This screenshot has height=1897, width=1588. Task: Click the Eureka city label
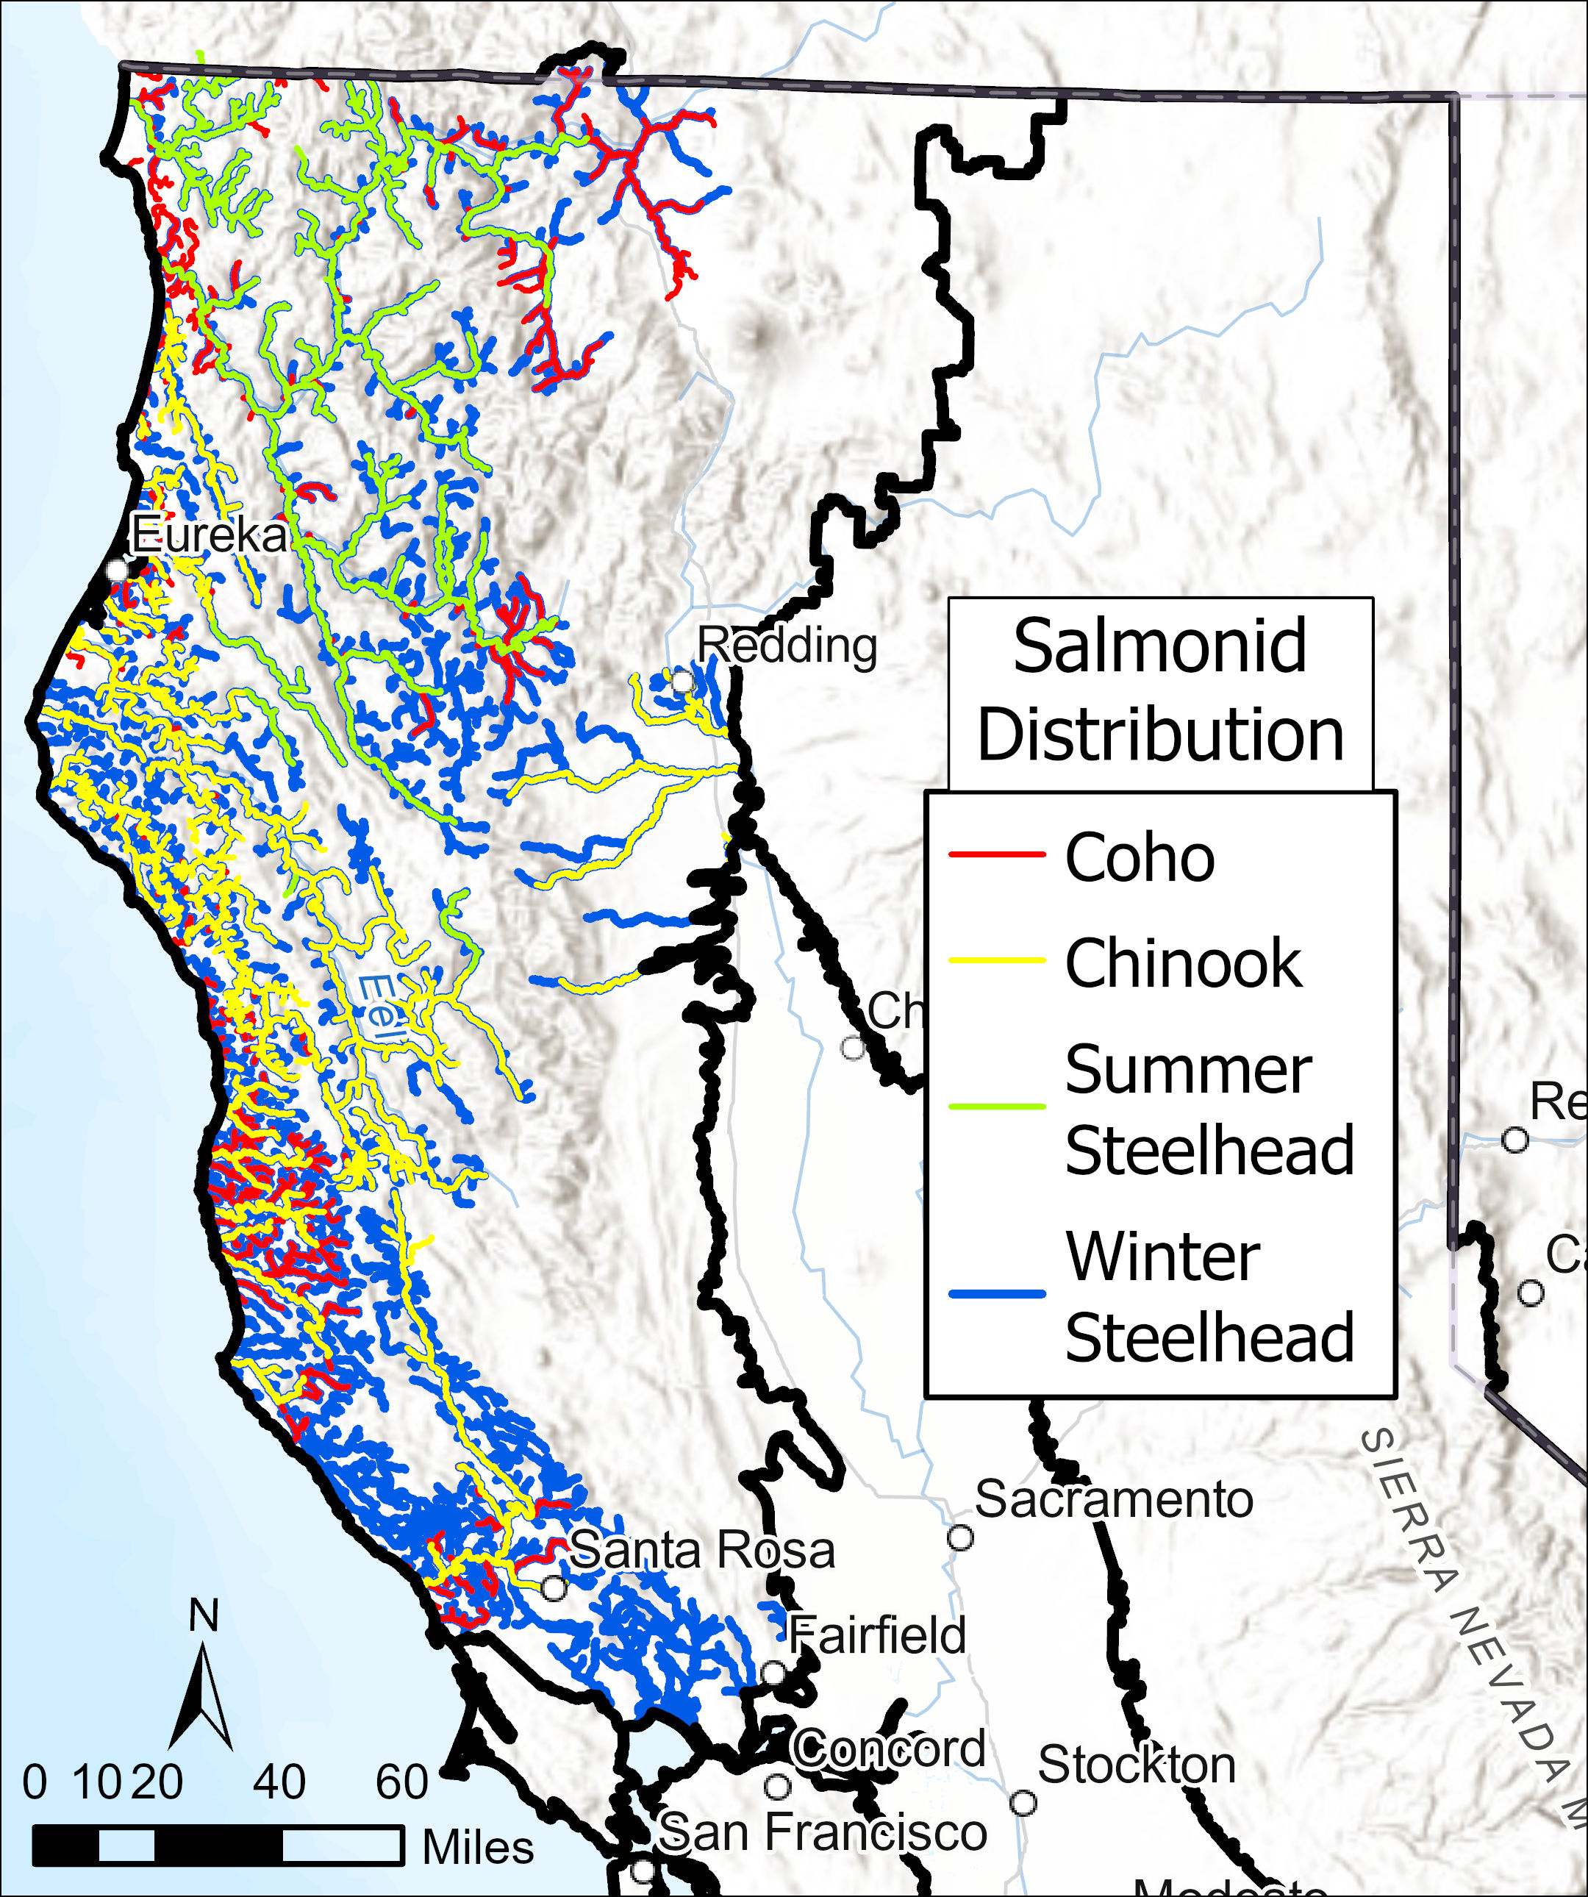point(209,536)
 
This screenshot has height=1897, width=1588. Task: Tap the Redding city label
point(787,646)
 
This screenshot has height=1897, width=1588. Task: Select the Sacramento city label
point(1114,1499)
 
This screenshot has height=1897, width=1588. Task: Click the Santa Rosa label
point(702,1550)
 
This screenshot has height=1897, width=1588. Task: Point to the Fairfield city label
point(876,1635)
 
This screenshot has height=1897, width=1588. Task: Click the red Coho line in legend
point(996,854)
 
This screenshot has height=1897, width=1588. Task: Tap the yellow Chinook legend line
point(996,961)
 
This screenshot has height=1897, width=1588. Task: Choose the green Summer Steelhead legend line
point(996,1106)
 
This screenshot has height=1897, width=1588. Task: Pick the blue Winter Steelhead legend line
point(996,1293)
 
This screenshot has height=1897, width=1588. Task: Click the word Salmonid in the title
point(1160,646)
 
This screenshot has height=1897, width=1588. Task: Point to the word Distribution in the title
point(1160,734)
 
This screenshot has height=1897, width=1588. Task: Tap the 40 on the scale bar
point(278,1782)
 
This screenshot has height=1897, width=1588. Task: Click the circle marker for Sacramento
point(959,1537)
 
